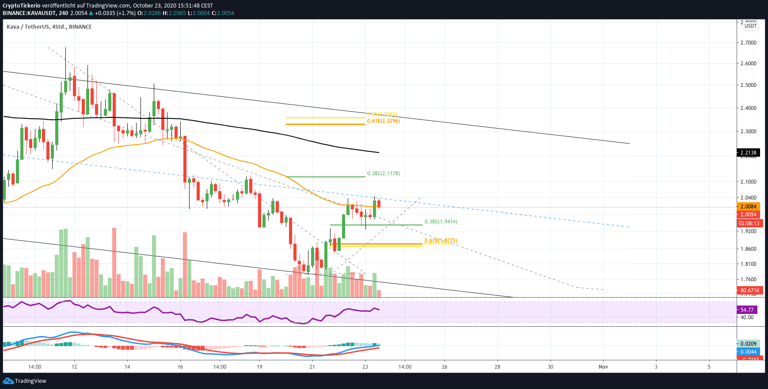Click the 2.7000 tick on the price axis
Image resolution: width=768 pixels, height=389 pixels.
tap(748, 43)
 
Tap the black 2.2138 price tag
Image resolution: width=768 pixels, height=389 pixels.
tap(748, 153)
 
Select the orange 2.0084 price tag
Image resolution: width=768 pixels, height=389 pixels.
tap(748, 207)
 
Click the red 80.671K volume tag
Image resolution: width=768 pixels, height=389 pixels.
tap(750, 291)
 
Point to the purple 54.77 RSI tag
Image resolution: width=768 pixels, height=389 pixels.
tap(747, 310)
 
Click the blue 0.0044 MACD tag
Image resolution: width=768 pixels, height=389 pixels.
tap(748, 352)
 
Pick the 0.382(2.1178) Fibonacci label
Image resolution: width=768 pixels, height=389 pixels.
tap(383, 174)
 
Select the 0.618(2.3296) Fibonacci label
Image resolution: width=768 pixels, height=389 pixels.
tap(383, 121)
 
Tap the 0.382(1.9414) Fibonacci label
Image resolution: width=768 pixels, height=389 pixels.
tap(441, 222)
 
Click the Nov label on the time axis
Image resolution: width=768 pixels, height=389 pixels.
tap(603, 367)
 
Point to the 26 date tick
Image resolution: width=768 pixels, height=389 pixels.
tap(445, 367)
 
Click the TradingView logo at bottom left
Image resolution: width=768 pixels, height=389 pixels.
tap(25, 381)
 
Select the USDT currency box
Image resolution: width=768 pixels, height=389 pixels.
tap(751, 26)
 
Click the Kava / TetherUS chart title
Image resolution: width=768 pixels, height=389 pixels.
tap(49, 27)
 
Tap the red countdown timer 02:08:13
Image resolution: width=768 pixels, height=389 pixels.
tap(749, 223)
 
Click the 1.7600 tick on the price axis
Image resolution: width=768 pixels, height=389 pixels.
tap(748, 279)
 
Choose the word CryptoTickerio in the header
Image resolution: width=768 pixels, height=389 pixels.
tap(22, 6)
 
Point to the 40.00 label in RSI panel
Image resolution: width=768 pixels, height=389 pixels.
tap(747, 317)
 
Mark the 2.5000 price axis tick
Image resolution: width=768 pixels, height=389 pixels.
tap(748, 85)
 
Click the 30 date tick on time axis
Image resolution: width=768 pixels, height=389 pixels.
tap(550, 367)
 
